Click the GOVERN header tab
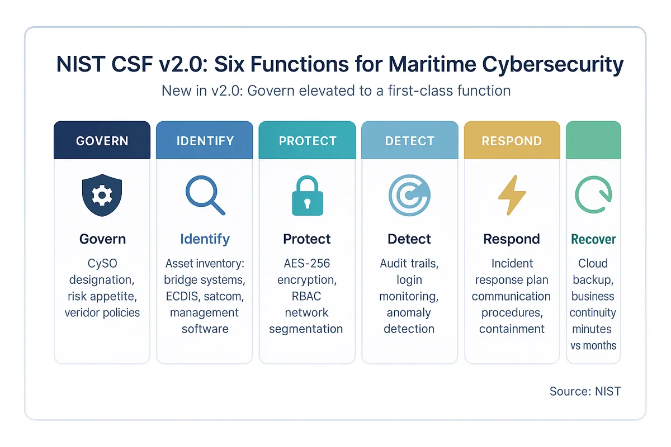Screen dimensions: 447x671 (x=102, y=140)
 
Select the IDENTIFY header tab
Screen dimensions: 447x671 (x=205, y=140)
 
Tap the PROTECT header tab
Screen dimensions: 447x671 (x=307, y=140)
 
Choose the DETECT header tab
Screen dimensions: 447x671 (x=410, y=140)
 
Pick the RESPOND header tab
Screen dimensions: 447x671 (x=512, y=140)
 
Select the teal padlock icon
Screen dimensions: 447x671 (x=307, y=196)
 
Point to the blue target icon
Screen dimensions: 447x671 (x=409, y=196)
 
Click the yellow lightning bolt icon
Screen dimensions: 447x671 (x=512, y=196)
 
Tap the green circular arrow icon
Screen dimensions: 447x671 (x=593, y=196)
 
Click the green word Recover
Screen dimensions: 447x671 (x=593, y=240)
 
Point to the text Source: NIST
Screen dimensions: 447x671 (x=585, y=391)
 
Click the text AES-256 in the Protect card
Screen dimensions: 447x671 (x=306, y=263)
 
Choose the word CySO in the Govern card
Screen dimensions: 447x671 (x=102, y=263)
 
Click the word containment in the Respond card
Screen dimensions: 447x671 (x=512, y=329)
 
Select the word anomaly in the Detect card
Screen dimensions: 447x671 (x=409, y=312)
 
